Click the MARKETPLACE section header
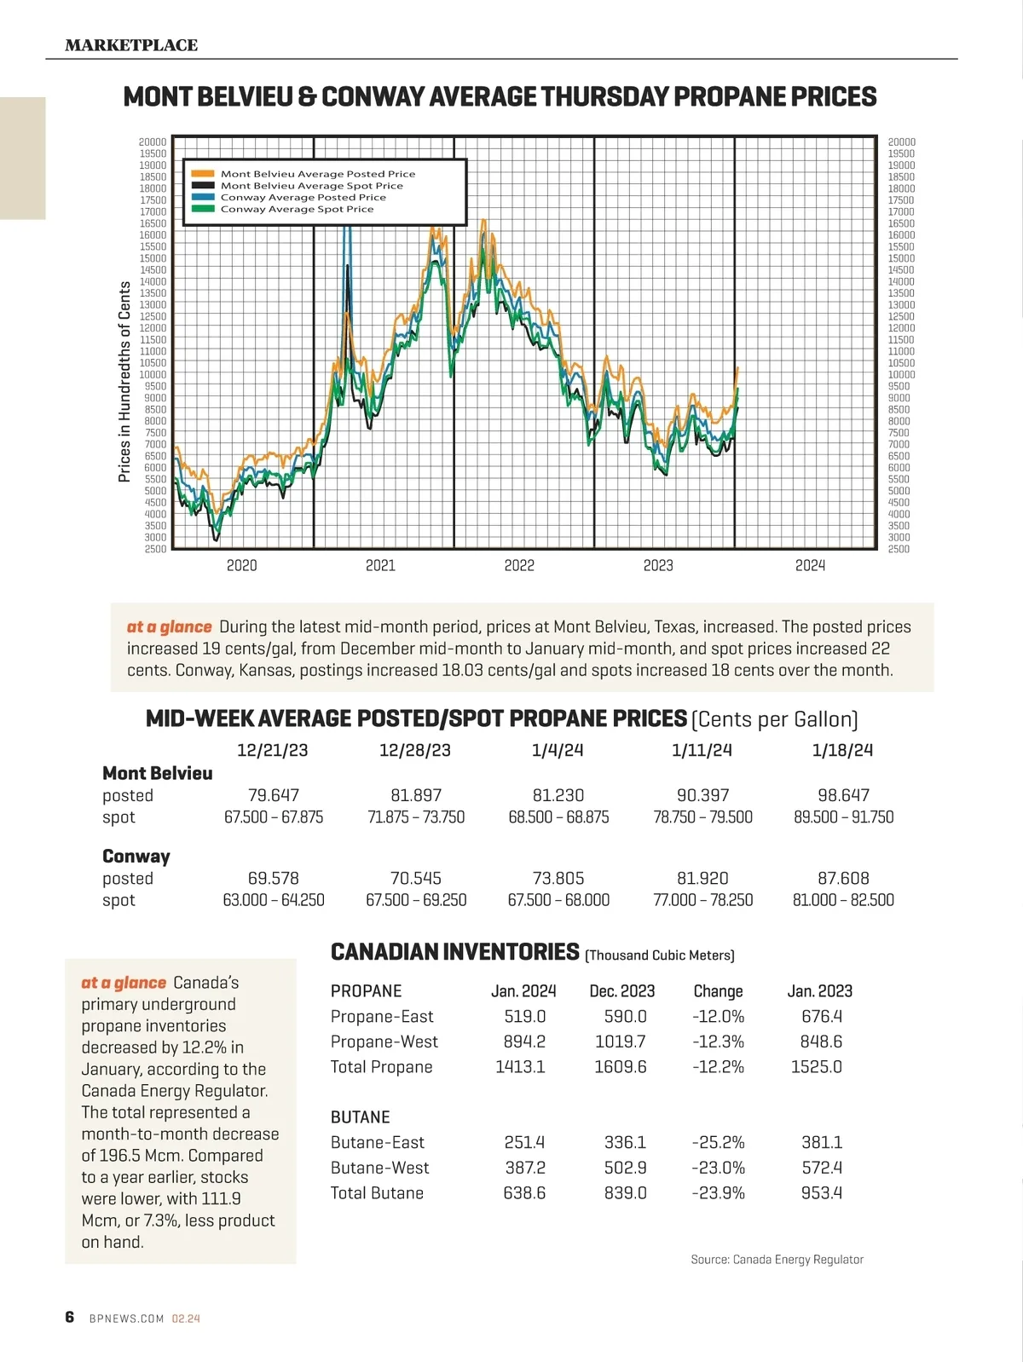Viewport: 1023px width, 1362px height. pyautogui.click(x=131, y=45)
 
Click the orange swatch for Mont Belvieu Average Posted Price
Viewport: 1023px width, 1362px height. pyautogui.click(x=203, y=174)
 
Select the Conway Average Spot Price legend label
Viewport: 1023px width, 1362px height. pyautogui.click(x=297, y=209)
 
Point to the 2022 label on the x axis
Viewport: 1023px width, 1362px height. pyautogui.click(x=519, y=565)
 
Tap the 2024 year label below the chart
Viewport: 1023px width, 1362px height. pyautogui.click(x=810, y=565)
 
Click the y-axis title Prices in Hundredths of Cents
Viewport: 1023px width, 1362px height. pyautogui.click(x=124, y=381)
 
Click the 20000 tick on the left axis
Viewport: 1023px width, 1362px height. pyautogui.click(x=153, y=142)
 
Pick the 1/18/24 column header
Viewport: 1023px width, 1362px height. pyautogui.click(x=842, y=750)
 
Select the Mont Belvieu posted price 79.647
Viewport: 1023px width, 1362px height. pyautogui.click(x=274, y=795)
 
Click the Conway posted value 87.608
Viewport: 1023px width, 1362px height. pyautogui.click(x=843, y=878)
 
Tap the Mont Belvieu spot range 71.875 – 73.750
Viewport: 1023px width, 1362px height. pyautogui.click(x=416, y=817)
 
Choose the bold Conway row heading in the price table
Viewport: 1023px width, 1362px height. pyautogui.click(x=136, y=856)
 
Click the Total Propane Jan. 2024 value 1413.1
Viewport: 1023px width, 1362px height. pyautogui.click(x=520, y=1066)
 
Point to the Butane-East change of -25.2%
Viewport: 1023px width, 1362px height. pyautogui.click(x=718, y=1142)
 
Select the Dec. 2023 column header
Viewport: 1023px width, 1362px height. pyautogui.click(x=622, y=991)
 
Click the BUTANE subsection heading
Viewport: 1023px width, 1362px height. pyautogui.click(x=360, y=1117)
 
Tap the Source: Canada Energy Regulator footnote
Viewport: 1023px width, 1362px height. pyautogui.click(x=777, y=1259)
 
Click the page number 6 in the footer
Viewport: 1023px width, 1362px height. pyautogui.click(x=70, y=1317)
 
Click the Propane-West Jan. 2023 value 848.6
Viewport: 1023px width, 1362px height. pyautogui.click(x=821, y=1042)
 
